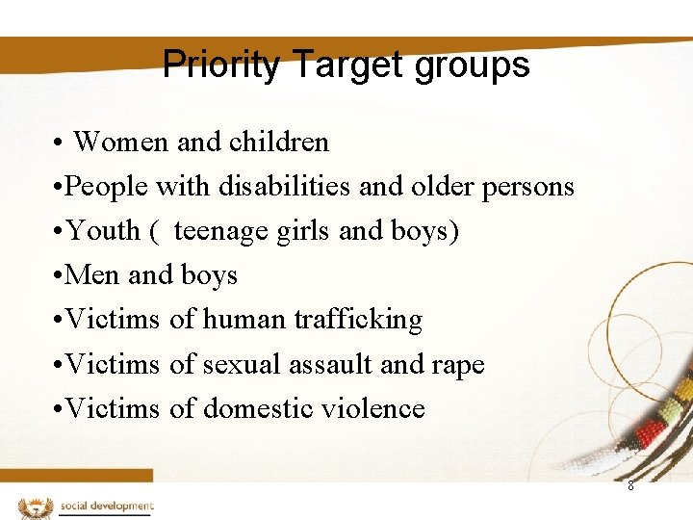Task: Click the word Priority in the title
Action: click(221, 65)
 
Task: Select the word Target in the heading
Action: click(336, 65)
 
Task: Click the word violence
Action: click(373, 408)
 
